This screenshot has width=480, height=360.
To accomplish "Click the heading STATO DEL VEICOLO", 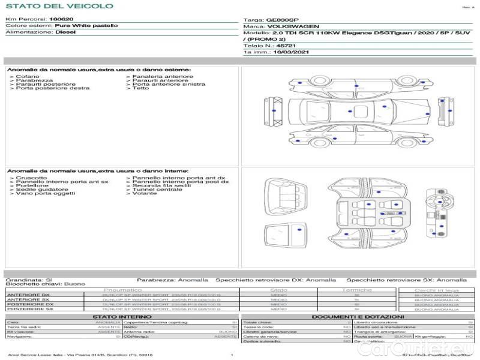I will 59,7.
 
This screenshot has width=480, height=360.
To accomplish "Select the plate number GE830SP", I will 281,20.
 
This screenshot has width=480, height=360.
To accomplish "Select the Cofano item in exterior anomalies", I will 28,77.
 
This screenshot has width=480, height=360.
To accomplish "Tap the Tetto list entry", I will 141,88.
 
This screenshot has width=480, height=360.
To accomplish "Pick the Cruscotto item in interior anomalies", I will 31,178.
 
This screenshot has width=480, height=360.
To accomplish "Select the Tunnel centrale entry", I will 157,190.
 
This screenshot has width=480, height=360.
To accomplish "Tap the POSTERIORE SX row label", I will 27,309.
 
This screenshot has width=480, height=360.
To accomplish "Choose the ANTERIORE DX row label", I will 28,295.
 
